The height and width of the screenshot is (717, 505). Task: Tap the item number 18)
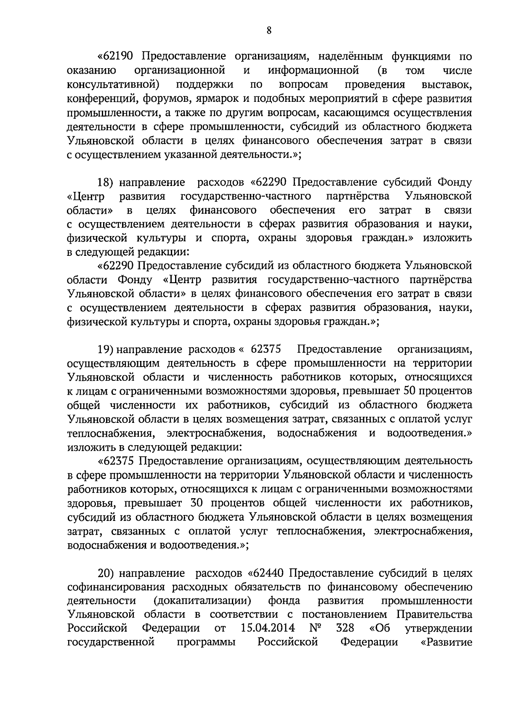coord(105,183)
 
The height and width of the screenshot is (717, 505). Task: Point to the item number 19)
coord(105,350)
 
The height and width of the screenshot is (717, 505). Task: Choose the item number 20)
coord(106,574)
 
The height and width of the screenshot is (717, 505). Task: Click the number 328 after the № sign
coord(345,629)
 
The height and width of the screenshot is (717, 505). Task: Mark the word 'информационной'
coord(313,71)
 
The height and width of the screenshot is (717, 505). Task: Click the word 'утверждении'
coord(438,629)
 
